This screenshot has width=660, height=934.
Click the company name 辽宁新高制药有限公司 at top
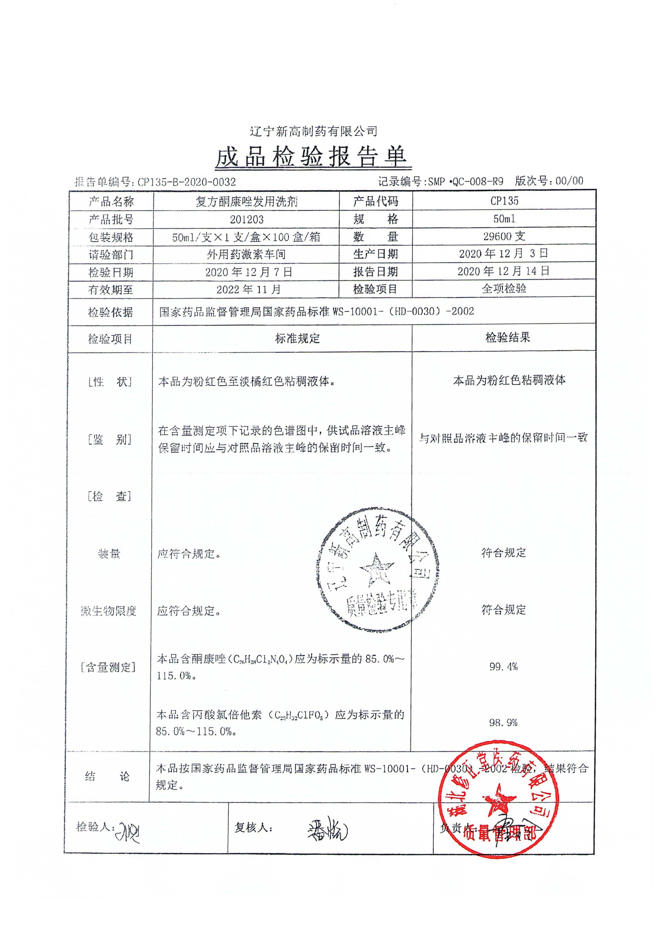[x=313, y=131]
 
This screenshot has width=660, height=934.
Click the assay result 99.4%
[x=504, y=666]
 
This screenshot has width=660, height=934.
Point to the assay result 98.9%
[x=504, y=723]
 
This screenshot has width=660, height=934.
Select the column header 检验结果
[x=508, y=337]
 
